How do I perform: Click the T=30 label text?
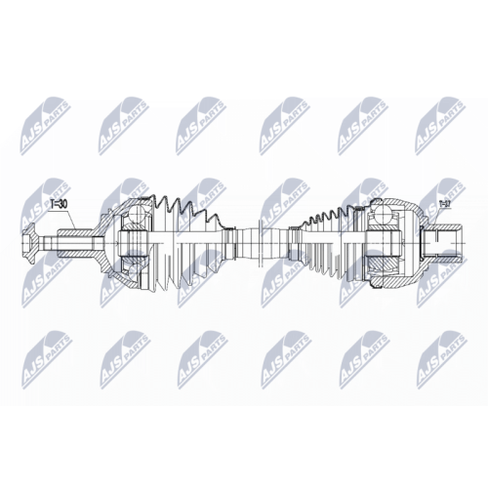[58, 204]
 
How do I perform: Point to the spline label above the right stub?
[444, 204]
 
